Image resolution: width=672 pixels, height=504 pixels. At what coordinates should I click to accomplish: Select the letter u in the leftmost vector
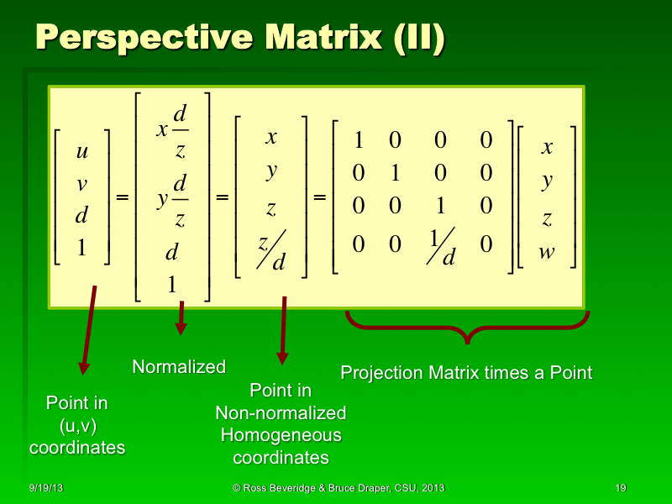point(81,152)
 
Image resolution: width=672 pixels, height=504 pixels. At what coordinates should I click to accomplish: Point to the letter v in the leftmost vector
point(81,183)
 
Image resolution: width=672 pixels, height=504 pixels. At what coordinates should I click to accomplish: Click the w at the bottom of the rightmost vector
point(547,251)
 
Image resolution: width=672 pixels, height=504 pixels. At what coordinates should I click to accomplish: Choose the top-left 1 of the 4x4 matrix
point(359,140)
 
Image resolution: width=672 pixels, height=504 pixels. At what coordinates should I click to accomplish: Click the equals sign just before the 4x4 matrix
point(320,198)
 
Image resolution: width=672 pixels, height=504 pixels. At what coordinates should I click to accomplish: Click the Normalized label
point(179,367)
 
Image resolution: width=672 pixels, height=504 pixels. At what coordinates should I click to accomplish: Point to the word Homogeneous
point(281,435)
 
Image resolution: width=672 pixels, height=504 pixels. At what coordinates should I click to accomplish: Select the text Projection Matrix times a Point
point(466,372)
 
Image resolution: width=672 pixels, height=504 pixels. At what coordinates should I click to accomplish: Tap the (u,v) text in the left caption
point(76,425)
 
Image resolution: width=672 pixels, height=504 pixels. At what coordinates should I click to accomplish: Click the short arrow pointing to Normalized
point(180,318)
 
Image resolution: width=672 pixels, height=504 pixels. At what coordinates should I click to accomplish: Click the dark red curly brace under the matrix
point(467,328)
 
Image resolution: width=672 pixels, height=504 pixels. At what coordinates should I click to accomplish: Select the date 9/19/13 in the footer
point(44,488)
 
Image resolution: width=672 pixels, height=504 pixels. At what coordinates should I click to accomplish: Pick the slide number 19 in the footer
point(621,488)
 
